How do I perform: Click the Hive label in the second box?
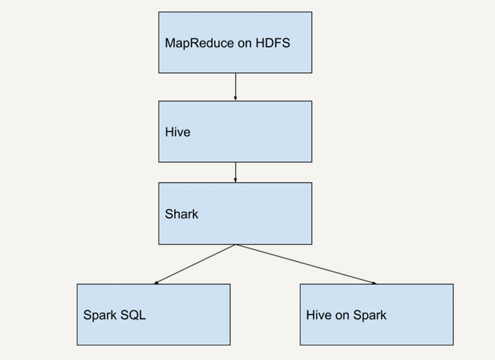click(177, 132)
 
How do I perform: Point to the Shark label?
click(181, 214)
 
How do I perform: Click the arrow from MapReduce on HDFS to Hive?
click(236, 86)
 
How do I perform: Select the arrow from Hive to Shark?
click(236, 171)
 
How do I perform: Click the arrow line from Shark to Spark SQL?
click(195, 264)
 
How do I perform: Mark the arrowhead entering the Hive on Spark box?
click(374, 283)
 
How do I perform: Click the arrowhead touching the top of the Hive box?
click(236, 98)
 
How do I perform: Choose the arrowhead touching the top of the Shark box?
click(236, 180)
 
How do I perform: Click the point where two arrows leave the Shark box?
click(236, 245)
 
